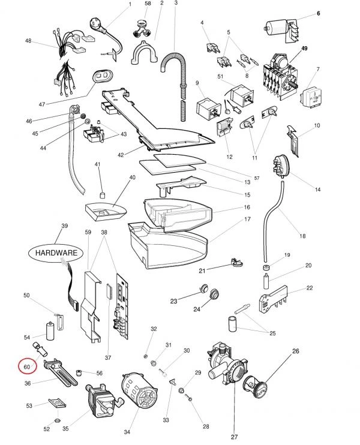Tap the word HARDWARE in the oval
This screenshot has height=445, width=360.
(55, 253)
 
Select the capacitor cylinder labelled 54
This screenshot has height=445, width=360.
(51, 332)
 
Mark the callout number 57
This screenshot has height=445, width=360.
(256, 178)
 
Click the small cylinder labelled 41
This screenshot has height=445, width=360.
(101, 196)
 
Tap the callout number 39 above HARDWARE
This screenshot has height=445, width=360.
(64, 226)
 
